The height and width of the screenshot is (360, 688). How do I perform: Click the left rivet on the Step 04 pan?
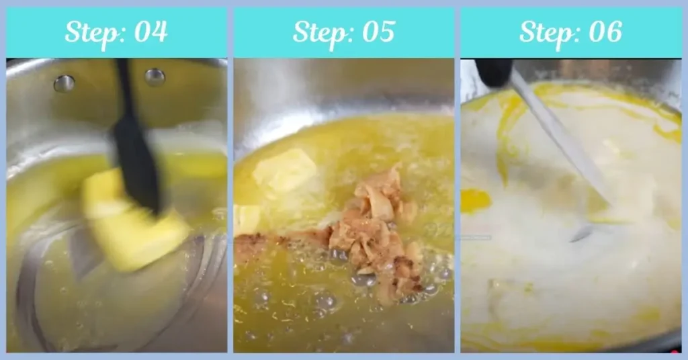[x=64, y=83]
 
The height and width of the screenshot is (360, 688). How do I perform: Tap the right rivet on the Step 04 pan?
[x=155, y=77]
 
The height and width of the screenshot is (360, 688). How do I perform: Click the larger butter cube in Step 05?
[x=284, y=170]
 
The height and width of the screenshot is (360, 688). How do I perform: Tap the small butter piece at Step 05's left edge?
[x=246, y=218]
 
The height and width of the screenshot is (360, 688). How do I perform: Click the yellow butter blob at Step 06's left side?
[x=474, y=200]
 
